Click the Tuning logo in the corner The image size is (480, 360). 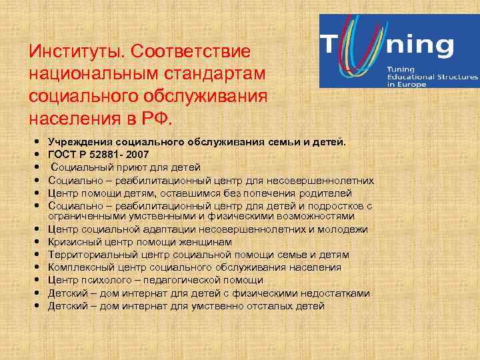coord(399,51)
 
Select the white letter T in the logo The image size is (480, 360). coord(331,47)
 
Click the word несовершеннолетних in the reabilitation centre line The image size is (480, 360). coord(320,180)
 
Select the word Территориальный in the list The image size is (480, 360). coord(87,255)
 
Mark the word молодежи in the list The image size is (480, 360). coord(343,229)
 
